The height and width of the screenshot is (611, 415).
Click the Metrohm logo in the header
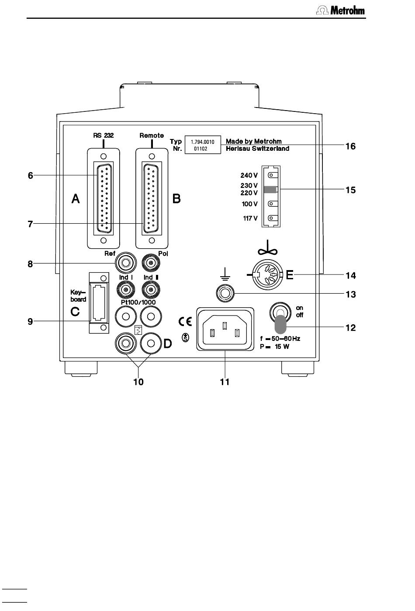pyautogui.click(x=340, y=10)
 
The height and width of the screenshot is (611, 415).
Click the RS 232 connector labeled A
pyautogui.click(x=104, y=198)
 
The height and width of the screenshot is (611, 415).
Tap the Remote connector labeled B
pyautogui.click(x=152, y=198)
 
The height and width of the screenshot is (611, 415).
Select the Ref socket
pyautogui.click(x=125, y=263)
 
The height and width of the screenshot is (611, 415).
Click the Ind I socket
pyautogui.click(x=125, y=289)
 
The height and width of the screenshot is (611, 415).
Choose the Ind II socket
pyautogui.click(x=151, y=289)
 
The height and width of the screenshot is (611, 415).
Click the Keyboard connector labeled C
pyautogui.click(x=99, y=302)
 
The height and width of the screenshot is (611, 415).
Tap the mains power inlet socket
pyautogui.click(x=225, y=329)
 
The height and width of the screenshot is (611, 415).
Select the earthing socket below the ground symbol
pyautogui.click(x=225, y=293)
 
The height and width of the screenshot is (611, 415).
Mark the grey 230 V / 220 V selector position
pyautogui.click(x=270, y=189)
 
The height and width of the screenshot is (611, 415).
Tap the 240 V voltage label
pyautogui.click(x=249, y=175)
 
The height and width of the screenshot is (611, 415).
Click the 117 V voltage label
pyautogui.click(x=250, y=218)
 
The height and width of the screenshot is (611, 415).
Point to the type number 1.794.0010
pyautogui.click(x=202, y=142)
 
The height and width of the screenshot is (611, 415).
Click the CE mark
pyautogui.click(x=185, y=322)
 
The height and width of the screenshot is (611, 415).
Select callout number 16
pyautogui.click(x=351, y=146)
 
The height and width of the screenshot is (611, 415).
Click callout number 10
pyautogui.click(x=138, y=382)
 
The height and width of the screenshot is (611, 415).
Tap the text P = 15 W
pyautogui.click(x=275, y=347)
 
